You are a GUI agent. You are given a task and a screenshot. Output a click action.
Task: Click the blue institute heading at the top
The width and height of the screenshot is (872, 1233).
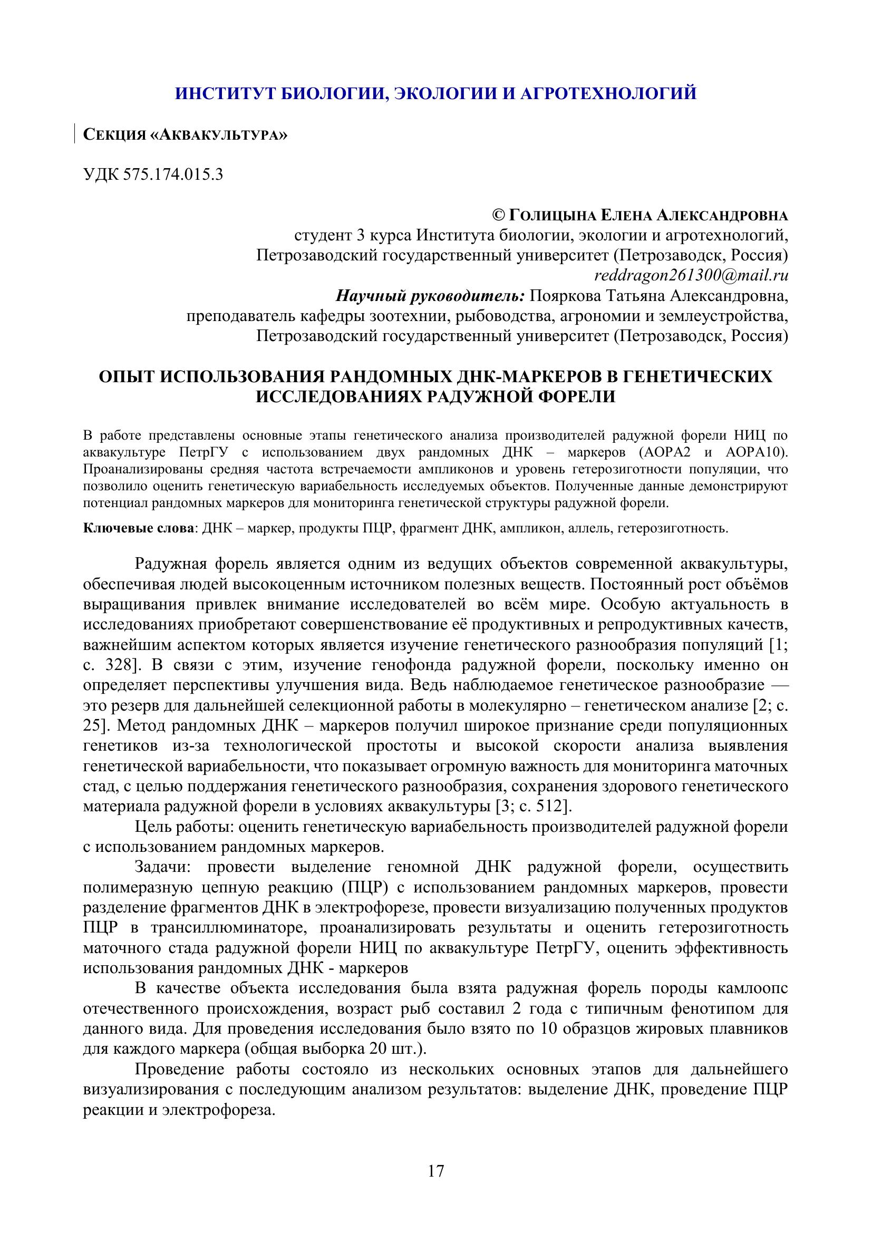[435, 93]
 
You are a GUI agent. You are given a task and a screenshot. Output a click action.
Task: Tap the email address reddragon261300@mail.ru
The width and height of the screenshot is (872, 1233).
[691, 276]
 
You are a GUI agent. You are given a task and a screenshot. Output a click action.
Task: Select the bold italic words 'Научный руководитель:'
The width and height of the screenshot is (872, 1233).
[430, 296]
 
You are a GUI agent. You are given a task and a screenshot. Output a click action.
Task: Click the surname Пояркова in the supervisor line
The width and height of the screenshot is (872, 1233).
[565, 296]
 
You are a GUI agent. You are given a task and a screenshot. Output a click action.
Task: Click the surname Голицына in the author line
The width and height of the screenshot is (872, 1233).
[551, 216]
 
